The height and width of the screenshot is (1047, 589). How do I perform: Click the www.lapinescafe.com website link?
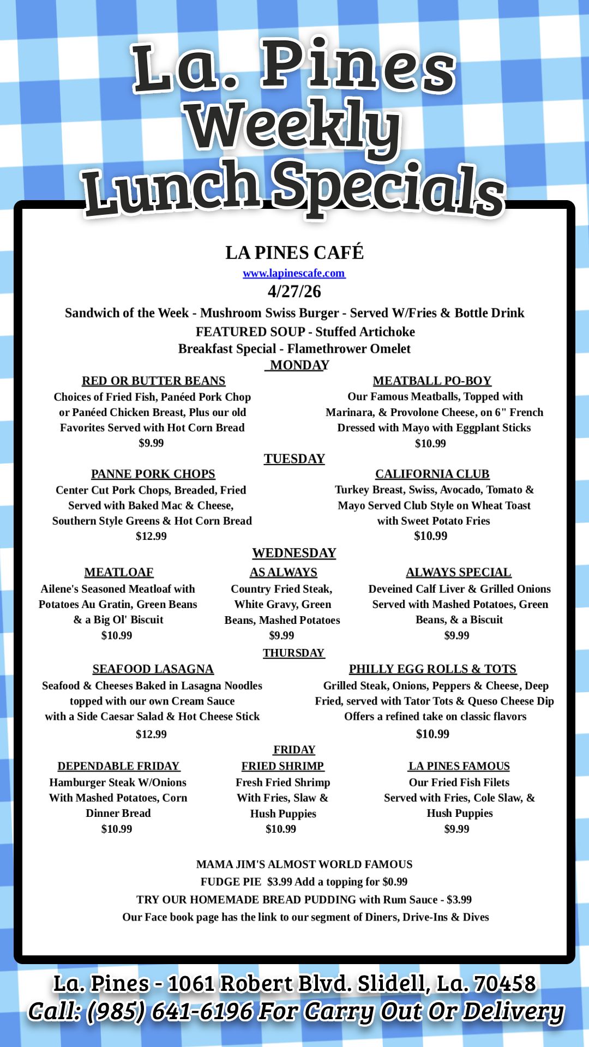tap(294, 273)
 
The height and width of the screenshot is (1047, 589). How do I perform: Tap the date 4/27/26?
tap(294, 291)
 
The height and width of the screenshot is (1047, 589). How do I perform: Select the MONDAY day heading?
tap(298, 365)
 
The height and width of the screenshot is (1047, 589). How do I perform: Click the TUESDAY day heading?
tap(294, 459)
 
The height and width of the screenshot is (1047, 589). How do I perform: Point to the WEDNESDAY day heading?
tap(294, 553)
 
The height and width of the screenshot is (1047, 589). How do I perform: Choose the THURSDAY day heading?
tap(293, 653)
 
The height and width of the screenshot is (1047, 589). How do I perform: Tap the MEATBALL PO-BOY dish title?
tap(432, 381)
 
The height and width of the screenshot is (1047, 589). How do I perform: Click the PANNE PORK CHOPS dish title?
tap(153, 474)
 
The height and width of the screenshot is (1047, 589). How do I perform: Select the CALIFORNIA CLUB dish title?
tap(432, 474)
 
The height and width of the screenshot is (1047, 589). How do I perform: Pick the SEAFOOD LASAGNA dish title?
tap(153, 669)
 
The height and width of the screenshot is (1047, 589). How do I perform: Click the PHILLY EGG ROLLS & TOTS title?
tap(432, 669)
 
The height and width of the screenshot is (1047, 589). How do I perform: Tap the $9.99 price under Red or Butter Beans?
tap(151, 443)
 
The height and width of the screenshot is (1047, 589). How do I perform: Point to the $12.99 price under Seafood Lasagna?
tap(151, 734)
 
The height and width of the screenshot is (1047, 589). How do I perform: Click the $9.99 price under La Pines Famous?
tap(456, 829)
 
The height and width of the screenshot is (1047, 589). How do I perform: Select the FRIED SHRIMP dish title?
tap(283, 766)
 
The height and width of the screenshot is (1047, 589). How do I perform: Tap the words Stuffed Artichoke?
tap(365, 332)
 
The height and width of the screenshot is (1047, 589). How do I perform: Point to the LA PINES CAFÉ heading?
tap(294, 252)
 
